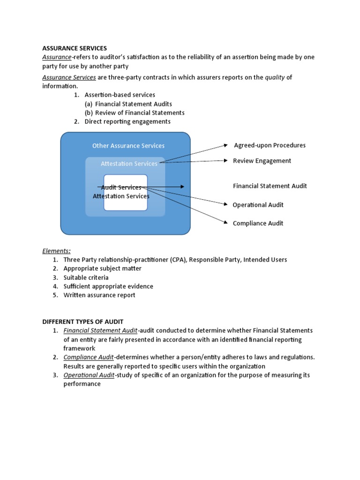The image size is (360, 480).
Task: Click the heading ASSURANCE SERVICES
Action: point(75,48)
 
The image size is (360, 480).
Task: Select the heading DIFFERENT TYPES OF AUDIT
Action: point(82,321)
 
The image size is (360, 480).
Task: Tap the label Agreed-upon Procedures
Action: point(270,145)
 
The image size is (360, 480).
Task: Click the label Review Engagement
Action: point(262,161)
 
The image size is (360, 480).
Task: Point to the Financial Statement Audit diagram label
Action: point(270,186)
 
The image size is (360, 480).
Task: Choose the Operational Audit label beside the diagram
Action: point(258,205)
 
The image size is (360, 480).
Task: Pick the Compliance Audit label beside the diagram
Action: point(258,223)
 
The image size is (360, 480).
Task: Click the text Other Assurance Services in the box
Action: point(128,146)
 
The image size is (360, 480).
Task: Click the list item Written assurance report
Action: point(99,295)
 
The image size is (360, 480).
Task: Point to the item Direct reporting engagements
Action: point(127,121)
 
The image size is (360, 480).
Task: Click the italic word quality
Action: point(275,77)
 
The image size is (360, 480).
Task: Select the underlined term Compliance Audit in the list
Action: point(89,357)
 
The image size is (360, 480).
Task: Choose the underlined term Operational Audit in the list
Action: point(89,375)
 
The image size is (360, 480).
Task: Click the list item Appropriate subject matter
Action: point(102,269)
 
